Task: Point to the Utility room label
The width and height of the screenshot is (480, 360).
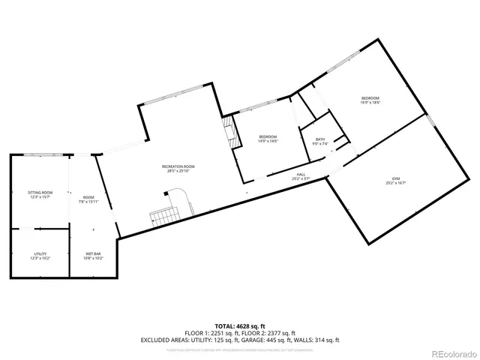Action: pyautogui.click(x=40, y=254)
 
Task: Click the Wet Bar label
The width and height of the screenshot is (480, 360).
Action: pyautogui.click(x=94, y=254)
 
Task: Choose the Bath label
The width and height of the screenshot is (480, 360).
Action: pyautogui.click(x=320, y=139)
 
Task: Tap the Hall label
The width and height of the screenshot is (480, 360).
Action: pyautogui.click(x=300, y=175)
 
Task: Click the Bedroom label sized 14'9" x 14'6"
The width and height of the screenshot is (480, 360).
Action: pyautogui.click(x=268, y=136)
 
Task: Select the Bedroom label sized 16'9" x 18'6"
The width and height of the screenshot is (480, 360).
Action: pyautogui.click(x=370, y=98)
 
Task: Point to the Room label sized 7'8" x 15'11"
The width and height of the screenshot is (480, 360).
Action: pyautogui.click(x=89, y=197)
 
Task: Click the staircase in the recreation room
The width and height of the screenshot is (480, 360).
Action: pyautogui.click(x=164, y=217)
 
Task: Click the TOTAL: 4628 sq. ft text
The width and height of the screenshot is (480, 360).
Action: pyautogui.click(x=240, y=325)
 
